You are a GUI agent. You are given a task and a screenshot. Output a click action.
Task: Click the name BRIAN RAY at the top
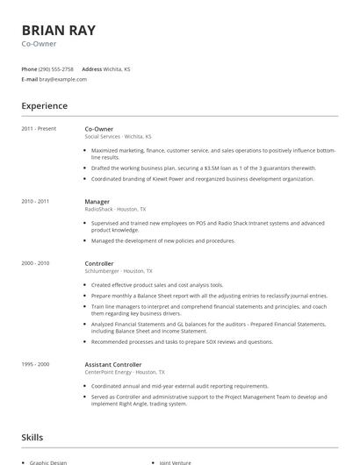[x=58, y=30]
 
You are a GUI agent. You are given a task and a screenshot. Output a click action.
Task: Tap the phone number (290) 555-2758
[x=56, y=68]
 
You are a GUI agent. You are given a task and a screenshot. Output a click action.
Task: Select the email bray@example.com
[x=62, y=79]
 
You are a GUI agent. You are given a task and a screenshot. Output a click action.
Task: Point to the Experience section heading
[x=44, y=106]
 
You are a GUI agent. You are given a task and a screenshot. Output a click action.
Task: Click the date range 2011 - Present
[x=39, y=129]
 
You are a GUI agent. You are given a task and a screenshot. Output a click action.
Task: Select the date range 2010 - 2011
[x=35, y=201]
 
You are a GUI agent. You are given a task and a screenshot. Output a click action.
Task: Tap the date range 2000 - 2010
[x=35, y=263]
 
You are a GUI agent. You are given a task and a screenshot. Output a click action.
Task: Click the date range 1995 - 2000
[x=35, y=363]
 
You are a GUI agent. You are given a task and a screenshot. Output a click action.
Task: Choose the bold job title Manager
[x=97, y=201]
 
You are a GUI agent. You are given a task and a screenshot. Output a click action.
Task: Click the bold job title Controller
[x=99, y=263]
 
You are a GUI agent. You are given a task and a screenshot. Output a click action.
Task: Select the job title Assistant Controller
[x=114, y=363]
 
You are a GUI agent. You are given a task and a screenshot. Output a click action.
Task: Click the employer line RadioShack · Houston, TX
[x=115, y=209]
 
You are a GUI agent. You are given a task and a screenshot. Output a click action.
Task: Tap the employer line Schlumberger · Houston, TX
[x=118, y=271]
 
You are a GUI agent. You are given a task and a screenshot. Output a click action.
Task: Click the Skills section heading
[x=33, y=436]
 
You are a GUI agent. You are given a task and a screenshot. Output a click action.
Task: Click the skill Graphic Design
[x=50, y=461]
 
